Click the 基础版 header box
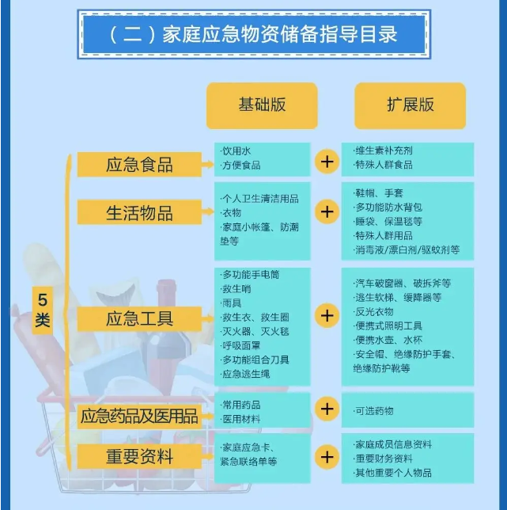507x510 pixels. coord(262,105)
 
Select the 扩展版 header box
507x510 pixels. coord(411,105)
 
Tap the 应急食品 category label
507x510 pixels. coord(139,164)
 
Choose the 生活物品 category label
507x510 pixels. coord(139,213)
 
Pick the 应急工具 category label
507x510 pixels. coord(139,318)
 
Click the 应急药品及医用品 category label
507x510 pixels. coord(139,416)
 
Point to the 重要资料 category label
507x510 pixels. coord(139,456)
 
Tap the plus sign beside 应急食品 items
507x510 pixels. coord(327,162)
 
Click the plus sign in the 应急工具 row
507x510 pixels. coord(327,315)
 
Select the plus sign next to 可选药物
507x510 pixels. coord(327,409)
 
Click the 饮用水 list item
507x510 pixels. coord(236,151)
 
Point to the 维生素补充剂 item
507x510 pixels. coord(384,150)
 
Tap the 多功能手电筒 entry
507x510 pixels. coord(250,275)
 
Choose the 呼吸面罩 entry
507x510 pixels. coord(240,346)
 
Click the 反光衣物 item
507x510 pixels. coord(373,312)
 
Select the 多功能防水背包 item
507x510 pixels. coord(388,207)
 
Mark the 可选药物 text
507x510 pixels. coord(373,411)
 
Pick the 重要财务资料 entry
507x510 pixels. coord(384,459)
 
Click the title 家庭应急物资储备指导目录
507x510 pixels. coord(280,35)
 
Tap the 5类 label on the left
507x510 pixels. coord(43,310)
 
